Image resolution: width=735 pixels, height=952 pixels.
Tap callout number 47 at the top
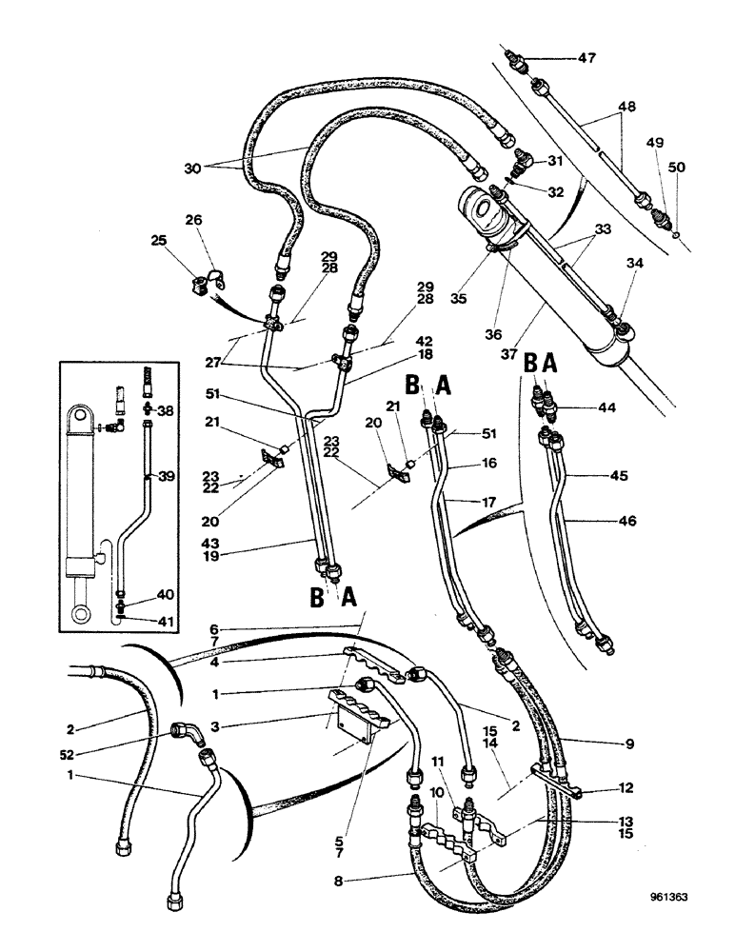(588, 58)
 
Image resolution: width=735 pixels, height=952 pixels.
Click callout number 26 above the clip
(194, 221)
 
